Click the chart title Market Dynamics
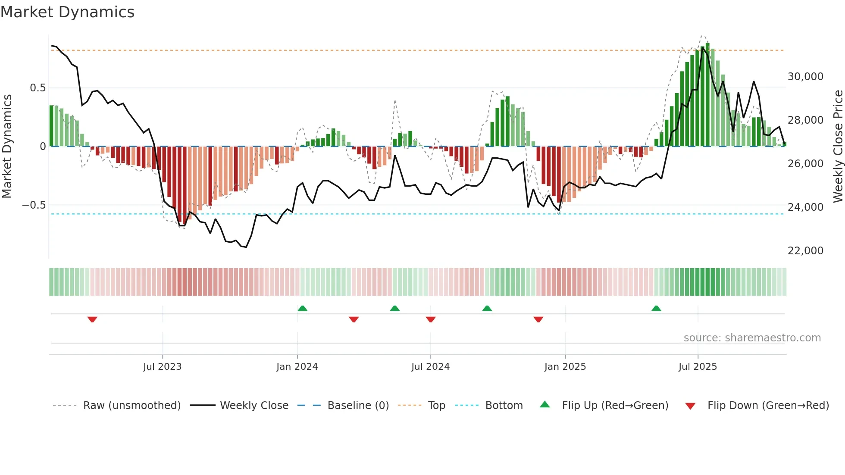click(68, 12)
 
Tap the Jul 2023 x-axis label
click(162, 367)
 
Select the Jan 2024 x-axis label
click(297, 367)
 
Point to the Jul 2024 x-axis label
click(430, 367)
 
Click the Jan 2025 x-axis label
click(565, 367)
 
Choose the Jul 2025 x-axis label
click(698, 367)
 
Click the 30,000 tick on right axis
click(805, 77)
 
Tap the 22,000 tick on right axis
click(805, 251)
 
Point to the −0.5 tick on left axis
click(34, 205)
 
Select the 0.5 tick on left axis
click(38, 88)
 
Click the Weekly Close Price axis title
click(838, 146)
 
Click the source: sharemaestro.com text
click(752, 338)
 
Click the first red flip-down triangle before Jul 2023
click(92, 319)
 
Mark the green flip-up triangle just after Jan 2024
click(303, 308)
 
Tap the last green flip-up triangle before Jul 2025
click(656, 308)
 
